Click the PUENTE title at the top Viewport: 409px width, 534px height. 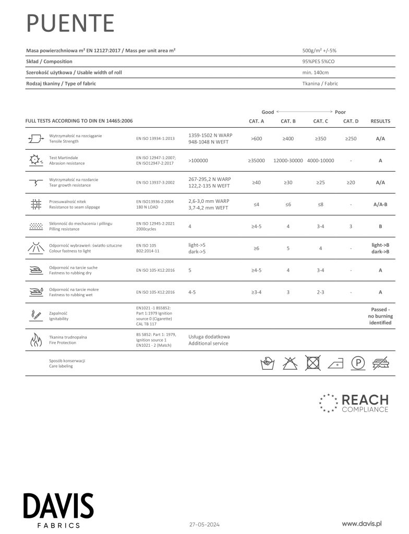[70, 23]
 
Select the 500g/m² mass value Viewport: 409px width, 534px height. [320, 51]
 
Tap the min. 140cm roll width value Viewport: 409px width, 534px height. [316, 72]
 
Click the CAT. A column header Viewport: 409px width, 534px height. [256, 121]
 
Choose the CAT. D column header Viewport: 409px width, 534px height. [351, 121]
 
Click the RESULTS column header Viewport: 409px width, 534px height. [380, 121]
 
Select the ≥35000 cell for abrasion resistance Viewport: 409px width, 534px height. [256, 161]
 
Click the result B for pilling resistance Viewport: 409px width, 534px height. [380, 226]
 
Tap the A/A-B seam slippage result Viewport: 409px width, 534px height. [380, 204]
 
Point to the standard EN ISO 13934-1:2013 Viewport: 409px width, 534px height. [155, 139]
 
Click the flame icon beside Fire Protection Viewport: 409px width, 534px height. [35, 340]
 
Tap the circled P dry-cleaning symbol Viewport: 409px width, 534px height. [357, 363]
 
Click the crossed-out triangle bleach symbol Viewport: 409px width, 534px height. [290, 363]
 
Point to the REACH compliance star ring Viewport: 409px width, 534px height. [327, 403]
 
